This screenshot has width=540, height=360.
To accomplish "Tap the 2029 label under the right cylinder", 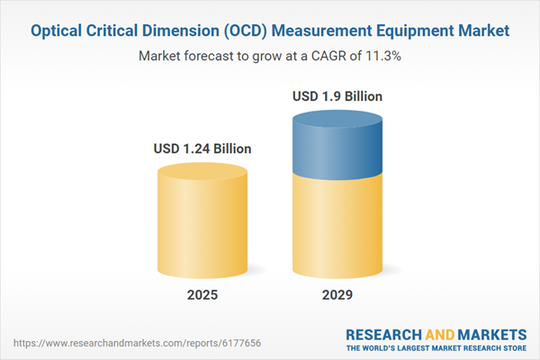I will [337, 295].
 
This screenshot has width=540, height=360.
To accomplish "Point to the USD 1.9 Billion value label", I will [337, 95].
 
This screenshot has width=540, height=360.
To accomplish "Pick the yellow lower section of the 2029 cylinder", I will [337, 225].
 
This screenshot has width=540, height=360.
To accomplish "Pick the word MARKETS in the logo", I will [488, 331].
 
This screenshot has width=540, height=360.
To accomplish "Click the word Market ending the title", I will [485, 31].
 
